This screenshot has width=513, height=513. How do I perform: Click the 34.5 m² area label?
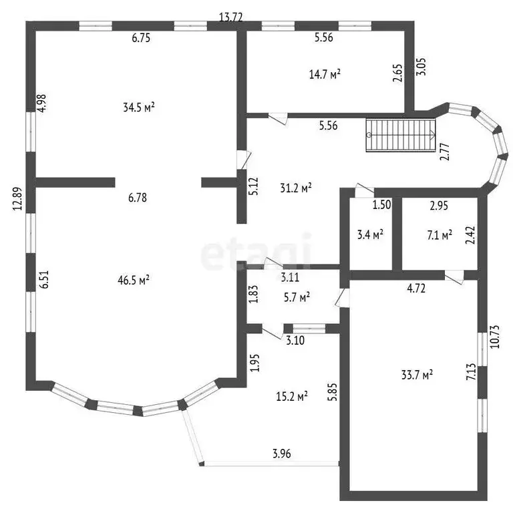[x=139, y=108]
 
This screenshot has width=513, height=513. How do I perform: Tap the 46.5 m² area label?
[x=134, y=280]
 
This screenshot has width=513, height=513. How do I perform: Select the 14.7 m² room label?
[x=325, y=74]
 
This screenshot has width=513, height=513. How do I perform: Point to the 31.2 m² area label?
[x=296, y=188]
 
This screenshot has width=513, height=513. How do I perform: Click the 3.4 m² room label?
[x=370, y=234]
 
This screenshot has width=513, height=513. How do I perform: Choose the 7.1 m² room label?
[x=440, y=235]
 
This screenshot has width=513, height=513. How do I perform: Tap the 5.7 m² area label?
[x=297, y=297]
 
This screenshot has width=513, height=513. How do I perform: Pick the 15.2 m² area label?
[x=292, y=397]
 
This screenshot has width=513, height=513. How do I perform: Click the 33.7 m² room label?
[x=417, y=375]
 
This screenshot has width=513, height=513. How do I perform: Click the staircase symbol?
[x=401, y=135]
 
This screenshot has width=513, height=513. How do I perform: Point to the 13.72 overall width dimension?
[x=231, y=17]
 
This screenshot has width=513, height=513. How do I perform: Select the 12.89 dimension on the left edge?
[x=17, y=198]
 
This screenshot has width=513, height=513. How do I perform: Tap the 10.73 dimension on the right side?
[x=495, y=337]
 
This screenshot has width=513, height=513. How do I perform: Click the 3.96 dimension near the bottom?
[x=282, y=454]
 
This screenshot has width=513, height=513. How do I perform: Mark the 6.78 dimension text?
[x=138, y=198]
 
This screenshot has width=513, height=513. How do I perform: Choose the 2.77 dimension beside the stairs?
[x=445, y=152]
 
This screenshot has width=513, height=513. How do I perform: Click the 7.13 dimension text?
[x=472, y=371]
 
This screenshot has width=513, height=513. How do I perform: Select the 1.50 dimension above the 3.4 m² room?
[x=382, y=204]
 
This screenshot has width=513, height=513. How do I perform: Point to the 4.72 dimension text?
[x=416, y=289]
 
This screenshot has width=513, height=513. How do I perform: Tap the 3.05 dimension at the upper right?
[x=421, y=67]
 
